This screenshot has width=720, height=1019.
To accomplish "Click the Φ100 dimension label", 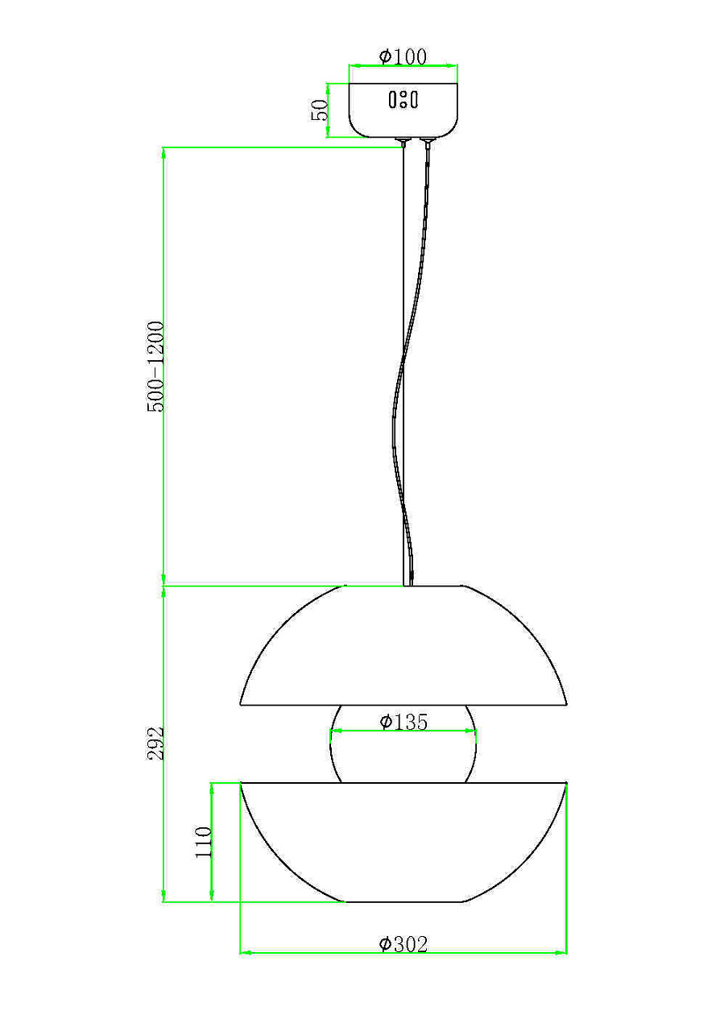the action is tap(403, 56).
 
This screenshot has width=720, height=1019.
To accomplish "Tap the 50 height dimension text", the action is tap(319, 110).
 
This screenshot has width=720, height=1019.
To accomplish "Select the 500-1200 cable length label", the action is tap(155, 367).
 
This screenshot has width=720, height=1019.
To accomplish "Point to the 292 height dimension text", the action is tap(155, 743).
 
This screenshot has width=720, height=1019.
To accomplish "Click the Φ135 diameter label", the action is tap(403, 722).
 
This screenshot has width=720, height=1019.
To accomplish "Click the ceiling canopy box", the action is tap(403, 110).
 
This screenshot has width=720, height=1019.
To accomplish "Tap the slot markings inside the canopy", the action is tap(403, 100).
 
